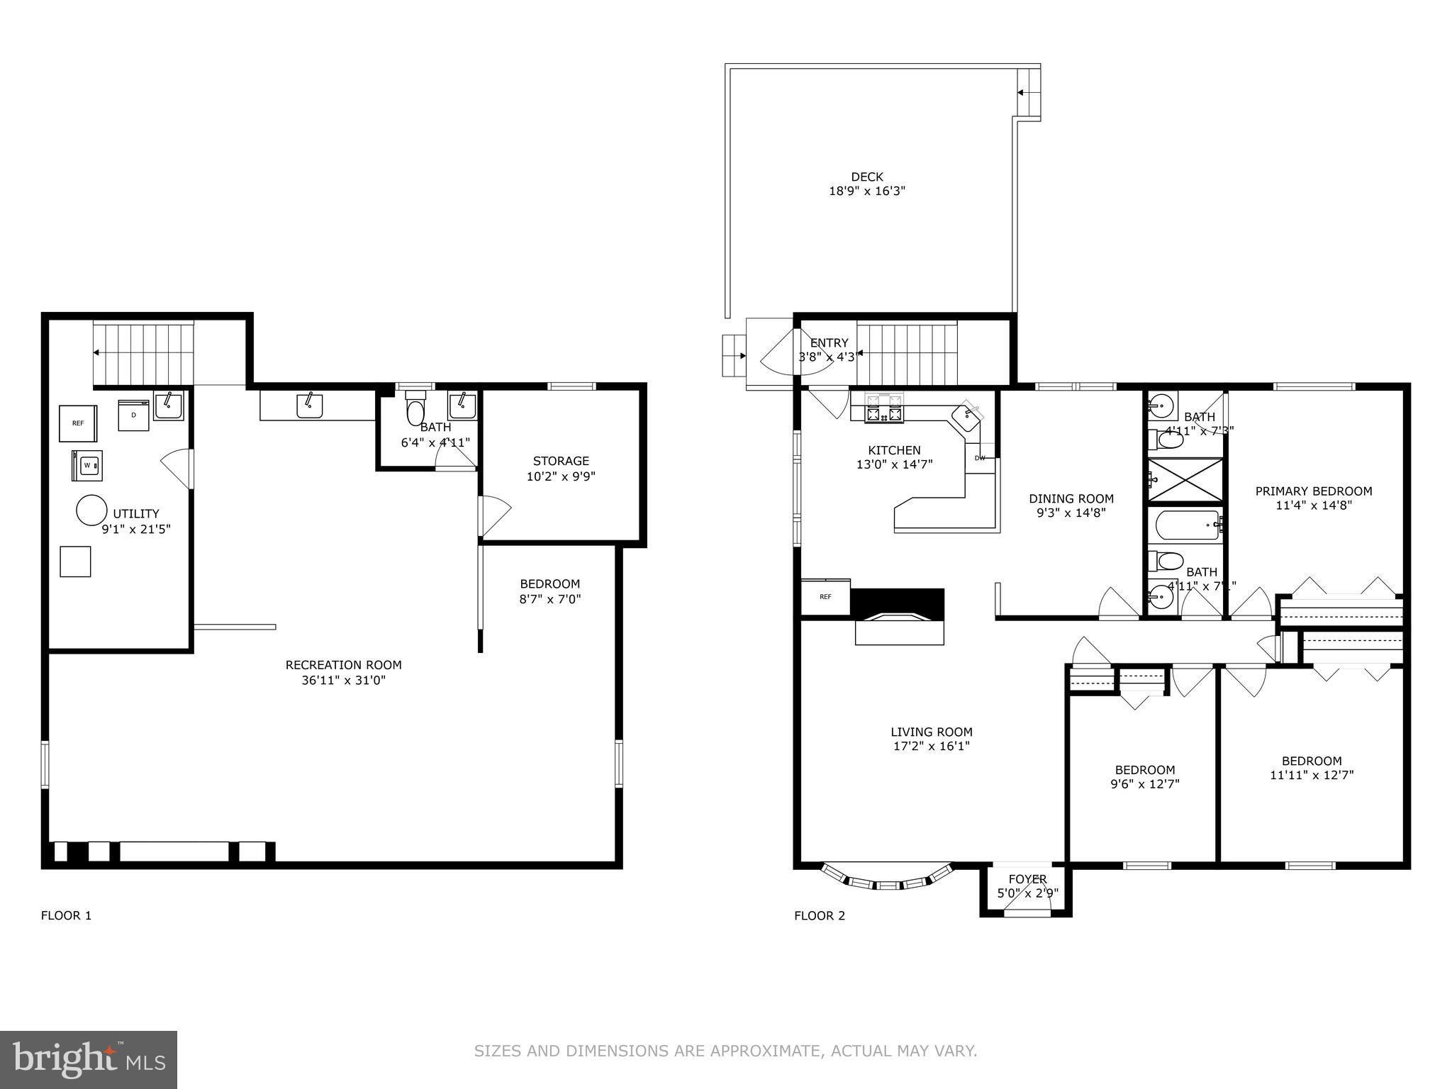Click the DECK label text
867,177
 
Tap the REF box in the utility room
78,423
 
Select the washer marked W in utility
87,466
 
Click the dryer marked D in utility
134,415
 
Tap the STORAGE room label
561,461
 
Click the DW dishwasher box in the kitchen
980,458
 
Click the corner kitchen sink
967,418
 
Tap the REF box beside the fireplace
825,597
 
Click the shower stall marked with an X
1185,480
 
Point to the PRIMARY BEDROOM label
1313,491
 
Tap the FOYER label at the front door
1027,879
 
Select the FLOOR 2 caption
819,915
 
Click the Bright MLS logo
89,1059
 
